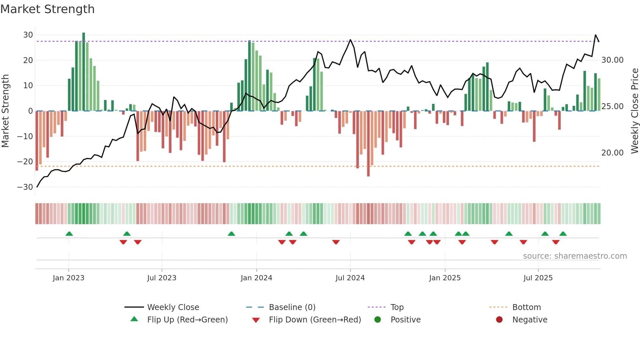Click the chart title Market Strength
coord(47,9)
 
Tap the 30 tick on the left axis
coord(28,35)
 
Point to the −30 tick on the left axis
coord(25,187)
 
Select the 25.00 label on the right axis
coord(612,106)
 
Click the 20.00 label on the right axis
coord(612,153)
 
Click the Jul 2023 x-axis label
coord(162,278)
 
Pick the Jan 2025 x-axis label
coord(445,278)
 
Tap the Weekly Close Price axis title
coord(634,111)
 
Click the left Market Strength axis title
coord(6,111)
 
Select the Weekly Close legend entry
coord(173,307)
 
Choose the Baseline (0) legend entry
coord(292,307)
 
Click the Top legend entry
coord(397,307)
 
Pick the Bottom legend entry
coord(526,307)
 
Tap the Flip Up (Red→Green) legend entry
coord(187,320)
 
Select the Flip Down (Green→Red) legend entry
coord(315,320)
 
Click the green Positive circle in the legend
coord(378,320)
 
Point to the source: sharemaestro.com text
coord(575,256)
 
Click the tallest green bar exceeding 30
coord(84,72)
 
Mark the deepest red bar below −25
coord(368,144)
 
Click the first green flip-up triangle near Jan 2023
coord(69,234)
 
